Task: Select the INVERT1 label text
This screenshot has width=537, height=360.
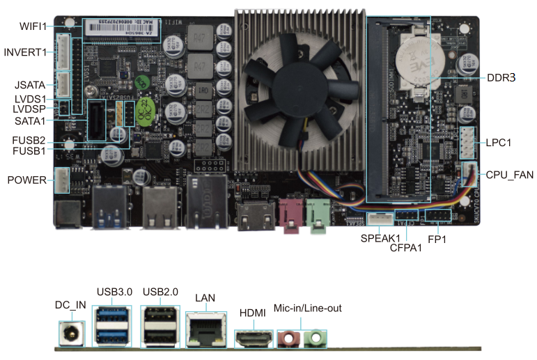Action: coord(25,52)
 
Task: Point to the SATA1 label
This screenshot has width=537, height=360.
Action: coord(30,120)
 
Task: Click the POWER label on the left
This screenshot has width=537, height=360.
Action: coord(26,180)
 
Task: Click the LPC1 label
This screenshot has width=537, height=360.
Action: coord(499,143)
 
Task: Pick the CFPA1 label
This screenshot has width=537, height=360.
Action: coord(406,248)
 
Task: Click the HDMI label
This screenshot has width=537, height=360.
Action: coord(251,313)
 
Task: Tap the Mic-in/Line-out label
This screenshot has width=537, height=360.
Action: coord(307,308)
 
